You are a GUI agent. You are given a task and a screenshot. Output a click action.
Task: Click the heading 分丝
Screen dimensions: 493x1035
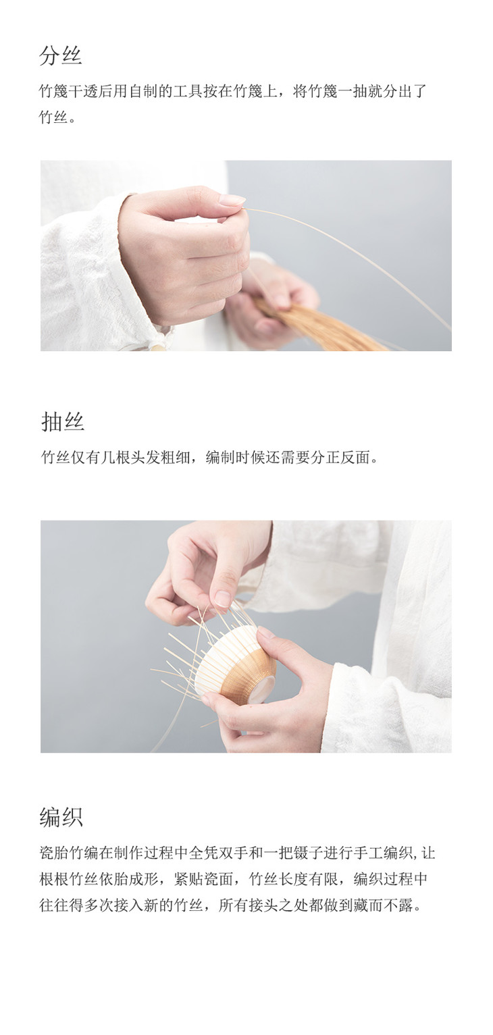pyautogui.click(x=60, y=55)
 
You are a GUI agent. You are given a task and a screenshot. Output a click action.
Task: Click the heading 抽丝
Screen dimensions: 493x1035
pyautogui.click(x=63, y=421)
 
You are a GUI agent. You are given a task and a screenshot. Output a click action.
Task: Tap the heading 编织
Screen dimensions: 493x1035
pyautogui.click(x=61, y=816)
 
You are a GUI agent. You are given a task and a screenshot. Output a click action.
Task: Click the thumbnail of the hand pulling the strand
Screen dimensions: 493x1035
pyautogui.click(x=246, y=255)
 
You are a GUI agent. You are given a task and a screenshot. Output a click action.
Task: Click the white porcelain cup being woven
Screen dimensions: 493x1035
pyautogui.click(x=236, y=661)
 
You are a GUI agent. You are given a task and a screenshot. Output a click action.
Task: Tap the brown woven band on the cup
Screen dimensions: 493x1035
pyautogui.click(x=249, y=670)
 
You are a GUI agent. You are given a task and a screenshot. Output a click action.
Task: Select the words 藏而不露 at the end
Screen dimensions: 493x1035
pyautogui.click(x=383, y=905)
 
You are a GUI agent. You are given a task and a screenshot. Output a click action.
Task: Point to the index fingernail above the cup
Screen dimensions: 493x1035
pyautogui.click(x=222, y=599)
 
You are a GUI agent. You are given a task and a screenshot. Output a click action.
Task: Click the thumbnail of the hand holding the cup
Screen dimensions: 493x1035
pyautogui.click(x=246, y=636)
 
